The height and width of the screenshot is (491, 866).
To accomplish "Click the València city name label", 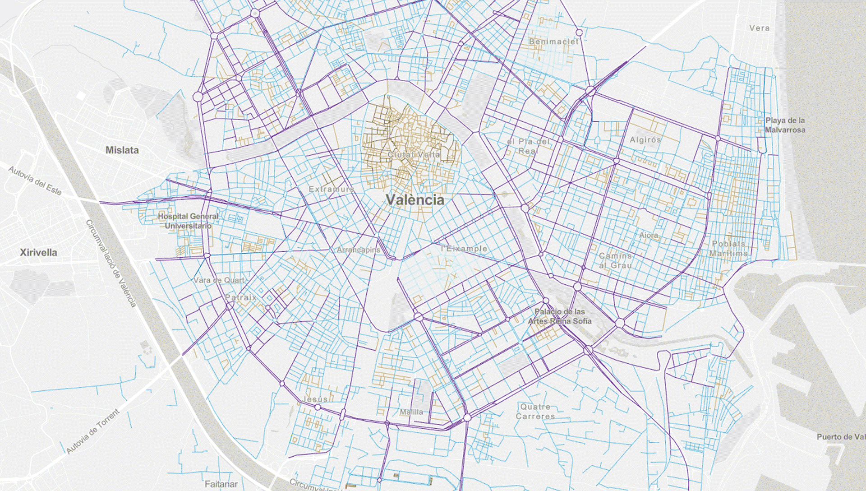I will point(415,200).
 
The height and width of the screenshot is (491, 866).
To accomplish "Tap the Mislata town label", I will point(122,150).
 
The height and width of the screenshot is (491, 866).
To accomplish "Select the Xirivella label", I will point(38,252).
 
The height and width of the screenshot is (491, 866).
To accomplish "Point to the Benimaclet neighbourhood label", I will point(553,42).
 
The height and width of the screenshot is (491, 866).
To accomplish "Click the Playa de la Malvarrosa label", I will point(785,125).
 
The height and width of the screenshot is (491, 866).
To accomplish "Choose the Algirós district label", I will point(645,140).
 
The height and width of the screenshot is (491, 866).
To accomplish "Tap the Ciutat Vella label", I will point(414,155).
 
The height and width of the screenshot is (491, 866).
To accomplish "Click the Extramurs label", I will point(332,189).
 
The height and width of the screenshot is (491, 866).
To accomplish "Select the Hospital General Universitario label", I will point(188,221).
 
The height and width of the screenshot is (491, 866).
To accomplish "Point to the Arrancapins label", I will point(359,250).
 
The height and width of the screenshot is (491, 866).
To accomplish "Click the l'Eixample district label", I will point(465,249).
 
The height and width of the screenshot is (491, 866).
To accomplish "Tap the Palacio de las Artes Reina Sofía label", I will point(560,316).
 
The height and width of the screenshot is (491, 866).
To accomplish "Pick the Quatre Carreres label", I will point(535,412).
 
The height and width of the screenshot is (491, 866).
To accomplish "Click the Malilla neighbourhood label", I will point(411,412).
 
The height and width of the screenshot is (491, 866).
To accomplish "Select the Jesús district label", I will point(315,399).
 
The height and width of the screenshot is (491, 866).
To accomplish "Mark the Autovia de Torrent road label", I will point(93,431).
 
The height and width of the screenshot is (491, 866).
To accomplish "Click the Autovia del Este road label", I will point(35,181).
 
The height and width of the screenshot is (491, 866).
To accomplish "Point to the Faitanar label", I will point(221,484).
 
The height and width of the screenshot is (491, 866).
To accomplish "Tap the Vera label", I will point(760,28).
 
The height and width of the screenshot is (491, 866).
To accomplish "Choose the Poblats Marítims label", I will point(728,249).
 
